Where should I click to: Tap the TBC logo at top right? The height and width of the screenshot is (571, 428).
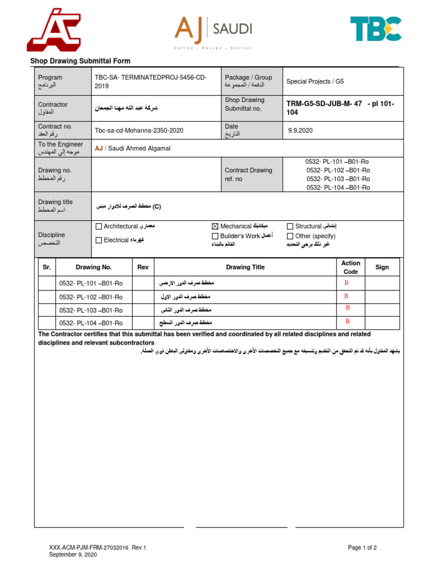pyautogui.click(x=375, y=29)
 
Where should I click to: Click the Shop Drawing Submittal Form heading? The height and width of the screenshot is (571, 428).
pyautogui.click(x=80, y=61)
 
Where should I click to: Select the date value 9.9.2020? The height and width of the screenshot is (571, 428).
pyautogui.click(x=301, y=131)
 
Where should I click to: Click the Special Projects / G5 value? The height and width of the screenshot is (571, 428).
pyautogui.click(x=315, y=81)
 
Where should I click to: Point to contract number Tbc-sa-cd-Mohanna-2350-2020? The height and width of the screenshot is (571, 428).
pyautogui.click(x=139, y=131)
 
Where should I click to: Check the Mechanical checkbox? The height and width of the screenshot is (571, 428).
pyautogui.click(x=215, y=226)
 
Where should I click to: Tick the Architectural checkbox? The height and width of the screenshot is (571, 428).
pyautogui.click(x=99, y=226)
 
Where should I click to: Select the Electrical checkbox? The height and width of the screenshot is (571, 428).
pyautogui.click(x=99, y=240)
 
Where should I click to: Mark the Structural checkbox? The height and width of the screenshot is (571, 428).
pyautogui.click(x=290, y=226)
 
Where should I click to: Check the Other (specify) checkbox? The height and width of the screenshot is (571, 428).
pyautogui.click(x=290, y=236)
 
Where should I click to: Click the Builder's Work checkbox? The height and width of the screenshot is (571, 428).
pyautogui.click(x=215, y=236)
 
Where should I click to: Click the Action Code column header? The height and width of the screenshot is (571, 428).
pyautogui.click(x=351, y=267)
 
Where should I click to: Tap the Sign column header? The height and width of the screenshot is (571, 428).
pyautogui.click(x=382, y=267)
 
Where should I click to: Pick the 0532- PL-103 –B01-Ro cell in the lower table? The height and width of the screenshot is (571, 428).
pyautogui.click(x=91, y=310)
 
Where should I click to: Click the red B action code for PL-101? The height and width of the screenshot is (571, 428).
pyautogui.click(x=346, y=283)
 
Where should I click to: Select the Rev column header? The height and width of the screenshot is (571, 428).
pyautogui.click(x=143, y=267)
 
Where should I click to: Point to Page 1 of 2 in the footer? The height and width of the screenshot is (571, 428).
pyautogui.click(x=362, y=548)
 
